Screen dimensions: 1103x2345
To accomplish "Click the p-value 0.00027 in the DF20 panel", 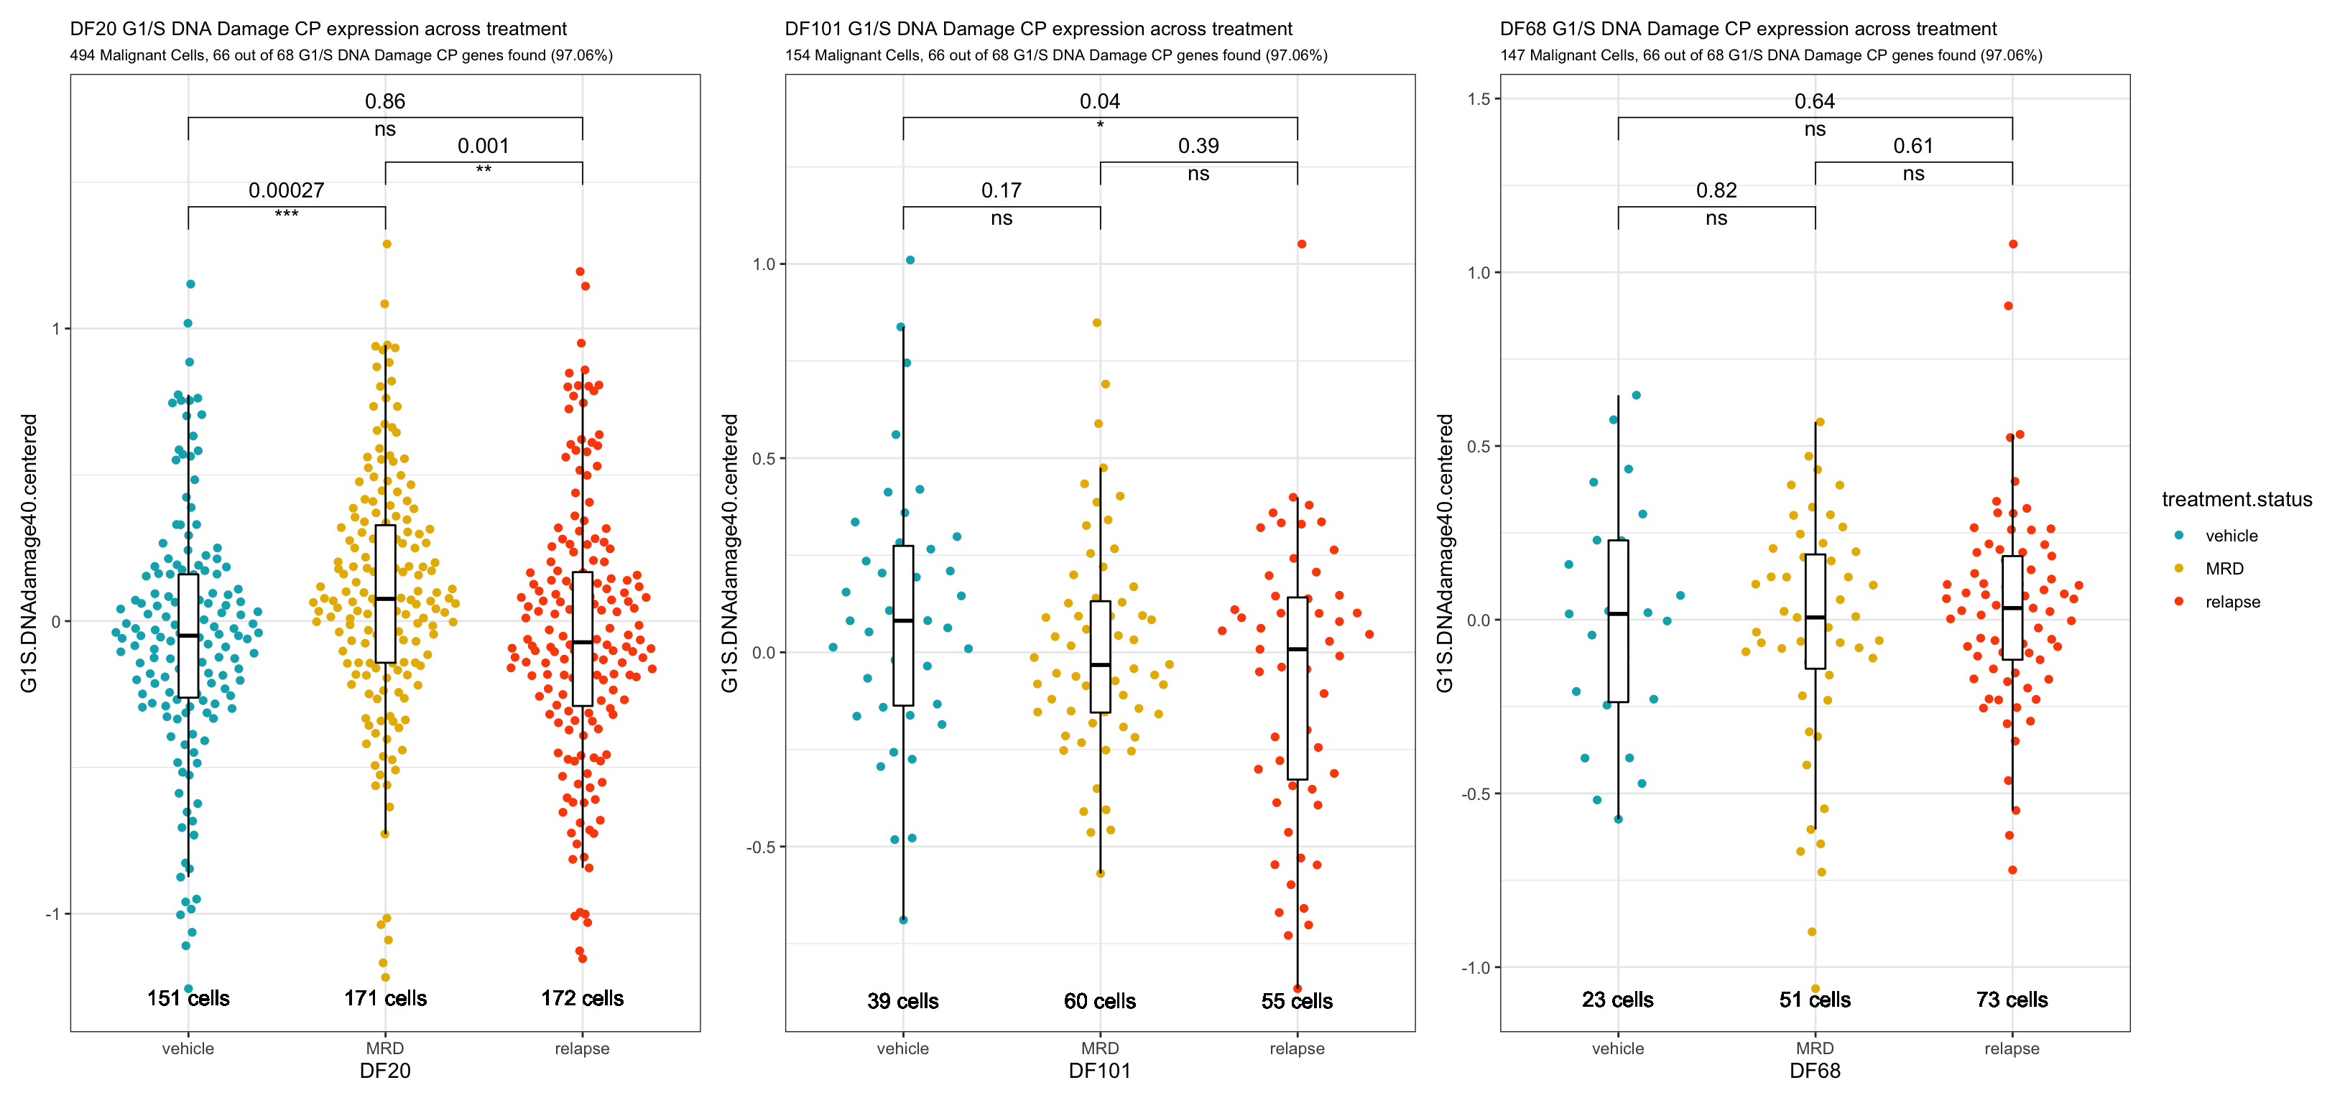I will [286, 190].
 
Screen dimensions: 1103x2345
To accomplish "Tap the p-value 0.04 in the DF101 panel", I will [1100, 101].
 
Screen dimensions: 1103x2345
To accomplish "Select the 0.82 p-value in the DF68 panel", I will [1716, 190].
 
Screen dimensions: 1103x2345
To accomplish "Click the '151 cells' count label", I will [188, 998].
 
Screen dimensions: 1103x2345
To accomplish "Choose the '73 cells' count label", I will [2012, 1000].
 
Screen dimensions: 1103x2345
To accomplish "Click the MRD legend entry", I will [2224, 569].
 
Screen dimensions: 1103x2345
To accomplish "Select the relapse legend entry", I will [2232, 602].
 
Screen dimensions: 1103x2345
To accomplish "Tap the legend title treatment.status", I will [2237, 500].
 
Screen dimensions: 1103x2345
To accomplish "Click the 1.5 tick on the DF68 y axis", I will [1480, 98].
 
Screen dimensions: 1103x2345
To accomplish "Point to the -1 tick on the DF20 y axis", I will [52, 913].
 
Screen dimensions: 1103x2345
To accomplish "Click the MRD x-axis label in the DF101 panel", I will [1100, 1048].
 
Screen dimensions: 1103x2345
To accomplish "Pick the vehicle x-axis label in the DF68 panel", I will [1618, 1048].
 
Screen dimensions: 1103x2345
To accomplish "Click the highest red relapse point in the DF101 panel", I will [1302, 244].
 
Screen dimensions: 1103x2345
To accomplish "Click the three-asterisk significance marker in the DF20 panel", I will [286, 215].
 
